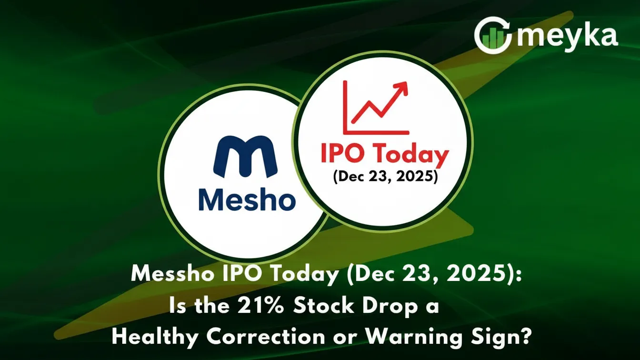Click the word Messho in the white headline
[165, 275]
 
